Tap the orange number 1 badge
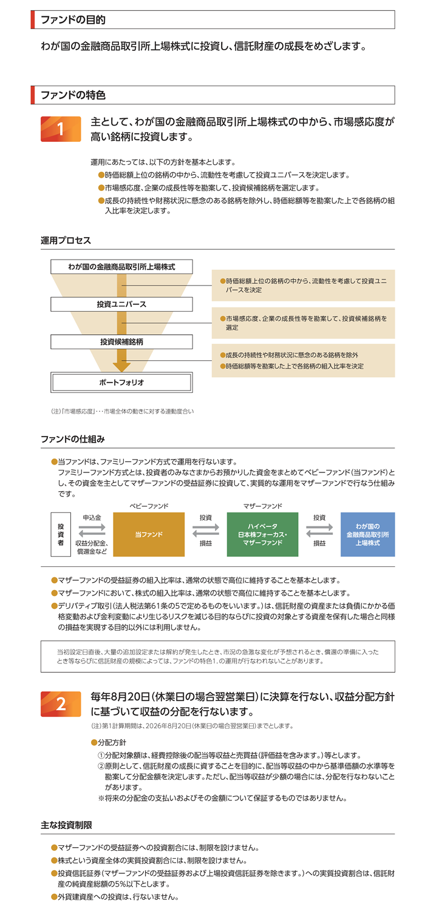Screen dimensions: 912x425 coord(61,129)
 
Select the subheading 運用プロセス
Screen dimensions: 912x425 coord(66,241)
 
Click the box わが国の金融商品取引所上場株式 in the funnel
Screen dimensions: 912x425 coord(121,267)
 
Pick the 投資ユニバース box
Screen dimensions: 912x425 coord(121,304)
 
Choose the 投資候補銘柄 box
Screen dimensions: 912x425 coord(121,341)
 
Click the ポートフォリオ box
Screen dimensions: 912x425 coord(121,383)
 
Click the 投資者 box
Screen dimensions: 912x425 coord(61,534)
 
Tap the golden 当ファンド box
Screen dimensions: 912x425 coord(149,534)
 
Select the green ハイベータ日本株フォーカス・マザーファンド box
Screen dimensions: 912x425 coord(262,534)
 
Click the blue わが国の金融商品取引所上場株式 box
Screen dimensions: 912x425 coord(367,534)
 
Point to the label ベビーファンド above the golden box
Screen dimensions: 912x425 coord(149,505)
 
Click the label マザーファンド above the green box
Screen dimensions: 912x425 coord(262,505)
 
